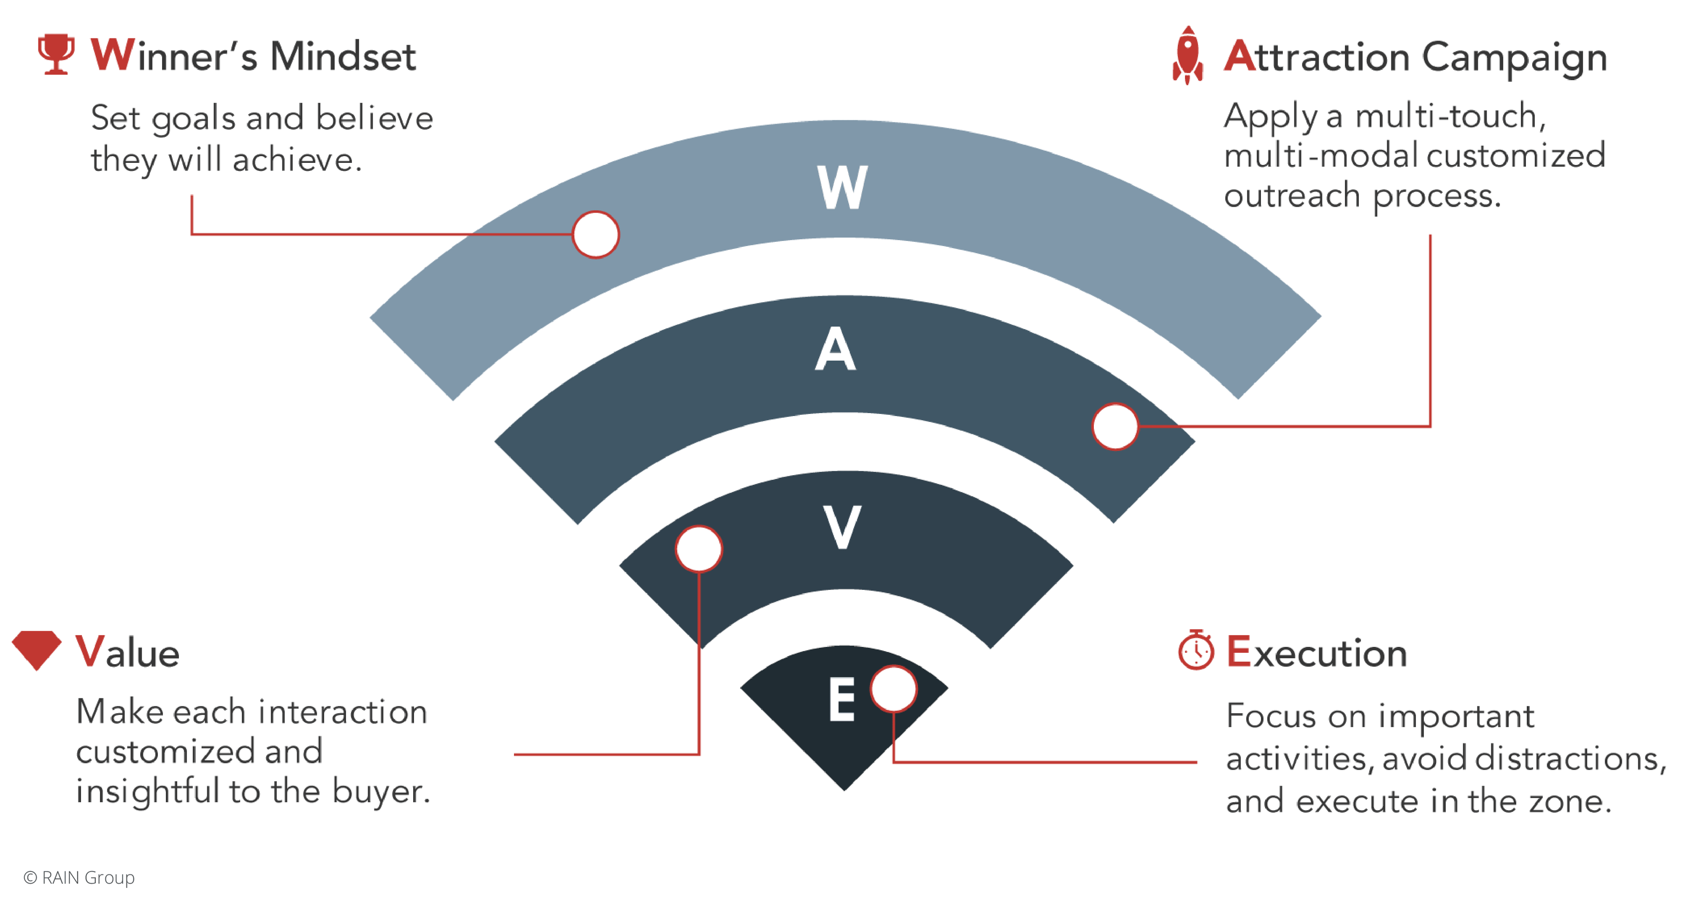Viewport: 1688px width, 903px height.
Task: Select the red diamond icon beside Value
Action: (37, 650)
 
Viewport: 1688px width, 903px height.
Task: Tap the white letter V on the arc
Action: (842, 527)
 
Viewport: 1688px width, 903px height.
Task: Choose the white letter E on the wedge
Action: (842, 700)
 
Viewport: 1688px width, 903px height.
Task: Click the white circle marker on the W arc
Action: (595, 235)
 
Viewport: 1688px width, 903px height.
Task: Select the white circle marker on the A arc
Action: (1115, 427)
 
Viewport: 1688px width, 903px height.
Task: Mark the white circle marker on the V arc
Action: (699, 549)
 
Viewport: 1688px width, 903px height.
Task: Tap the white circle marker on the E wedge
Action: (894, 689)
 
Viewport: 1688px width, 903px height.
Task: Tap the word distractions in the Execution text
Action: (1570, 759)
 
